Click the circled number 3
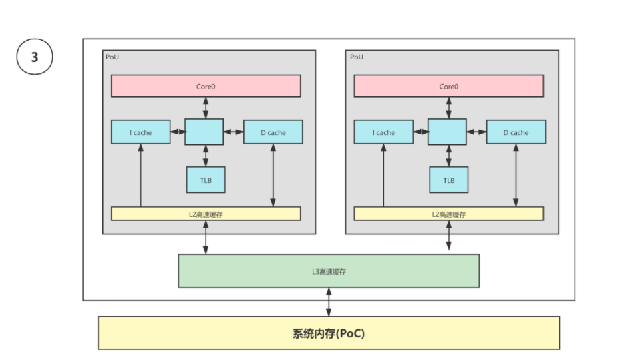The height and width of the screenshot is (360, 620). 34,58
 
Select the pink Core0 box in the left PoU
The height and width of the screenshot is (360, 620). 206,86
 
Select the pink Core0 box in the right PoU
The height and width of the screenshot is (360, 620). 448,86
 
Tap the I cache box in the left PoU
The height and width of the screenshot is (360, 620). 140,132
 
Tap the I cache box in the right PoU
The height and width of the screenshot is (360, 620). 383,132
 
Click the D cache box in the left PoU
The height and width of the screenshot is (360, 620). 273,132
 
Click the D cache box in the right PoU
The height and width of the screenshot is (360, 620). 516,132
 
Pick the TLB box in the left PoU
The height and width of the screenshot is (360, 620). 205,180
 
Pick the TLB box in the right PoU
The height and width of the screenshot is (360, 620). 448,180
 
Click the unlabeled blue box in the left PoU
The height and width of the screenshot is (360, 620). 205,132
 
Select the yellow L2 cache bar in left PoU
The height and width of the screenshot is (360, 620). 206,214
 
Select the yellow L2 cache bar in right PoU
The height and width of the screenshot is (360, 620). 448,214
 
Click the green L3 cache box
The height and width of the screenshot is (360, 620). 328,271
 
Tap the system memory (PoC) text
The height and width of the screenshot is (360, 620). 328,333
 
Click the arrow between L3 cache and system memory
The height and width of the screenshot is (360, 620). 328,302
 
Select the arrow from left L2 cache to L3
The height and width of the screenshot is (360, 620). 206,237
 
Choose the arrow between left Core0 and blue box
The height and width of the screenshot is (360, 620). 206,108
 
